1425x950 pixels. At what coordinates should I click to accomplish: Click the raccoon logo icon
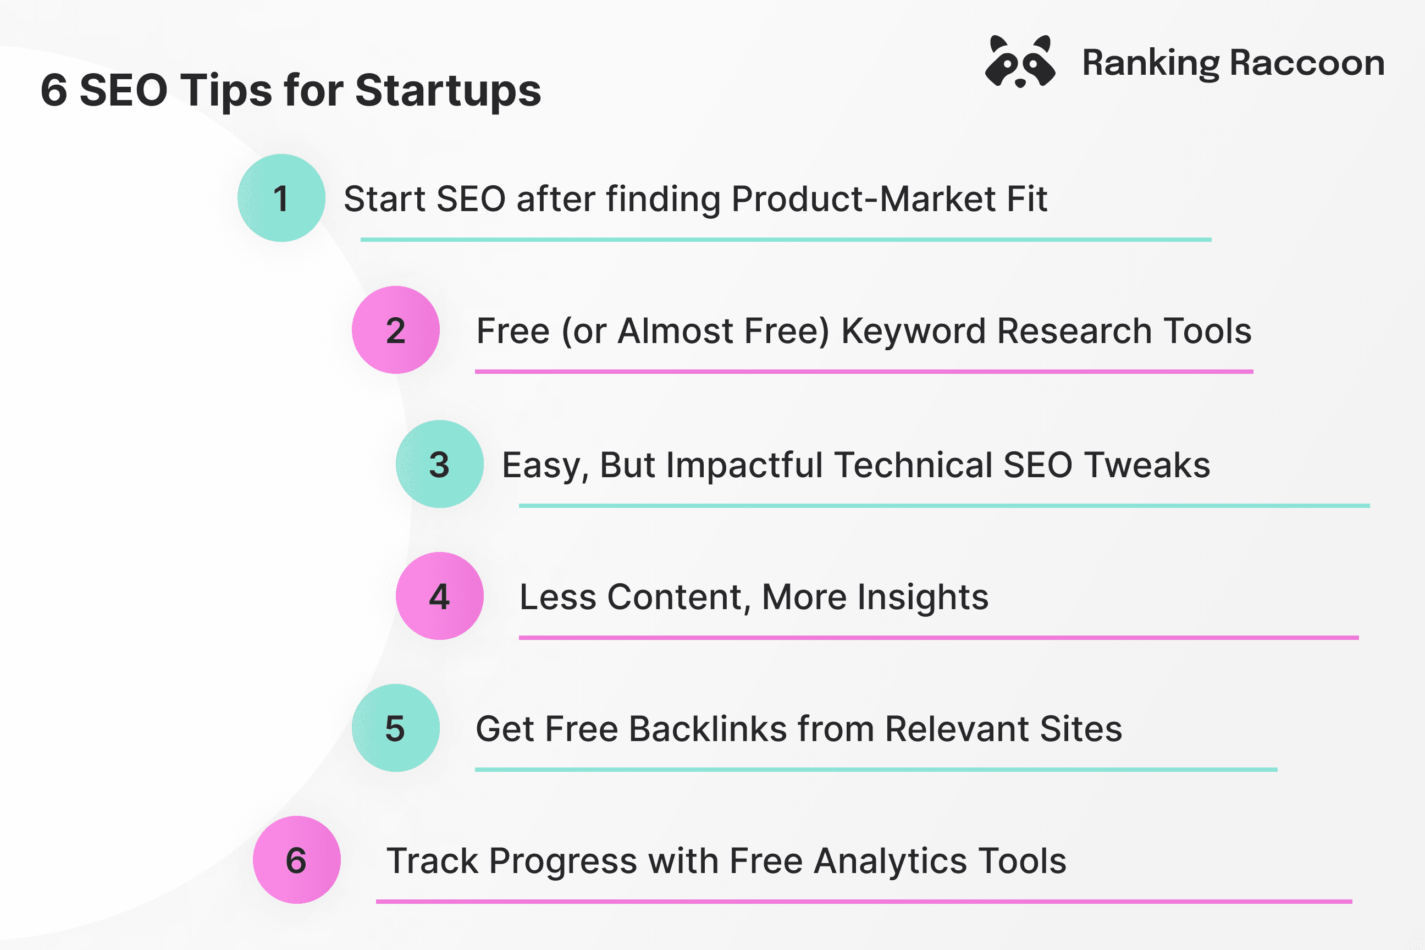tap(1020, 61)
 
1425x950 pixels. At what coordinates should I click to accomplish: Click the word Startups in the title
tap(448, 91)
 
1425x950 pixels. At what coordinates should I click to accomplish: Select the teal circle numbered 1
tap(281, 198)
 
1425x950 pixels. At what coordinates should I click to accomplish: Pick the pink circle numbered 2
tap(396, 330)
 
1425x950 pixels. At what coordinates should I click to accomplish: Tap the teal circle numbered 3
tap(440, 464)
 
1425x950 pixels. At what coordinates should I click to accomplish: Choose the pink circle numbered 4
tap(440, 596)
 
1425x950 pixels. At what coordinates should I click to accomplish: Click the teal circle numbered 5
tap(396, 728)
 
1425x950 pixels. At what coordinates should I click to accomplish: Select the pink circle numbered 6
tap(297, 860)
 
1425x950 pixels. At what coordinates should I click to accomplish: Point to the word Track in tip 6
tap(433, 861)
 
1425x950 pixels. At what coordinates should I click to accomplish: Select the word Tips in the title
tap(226, 91)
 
